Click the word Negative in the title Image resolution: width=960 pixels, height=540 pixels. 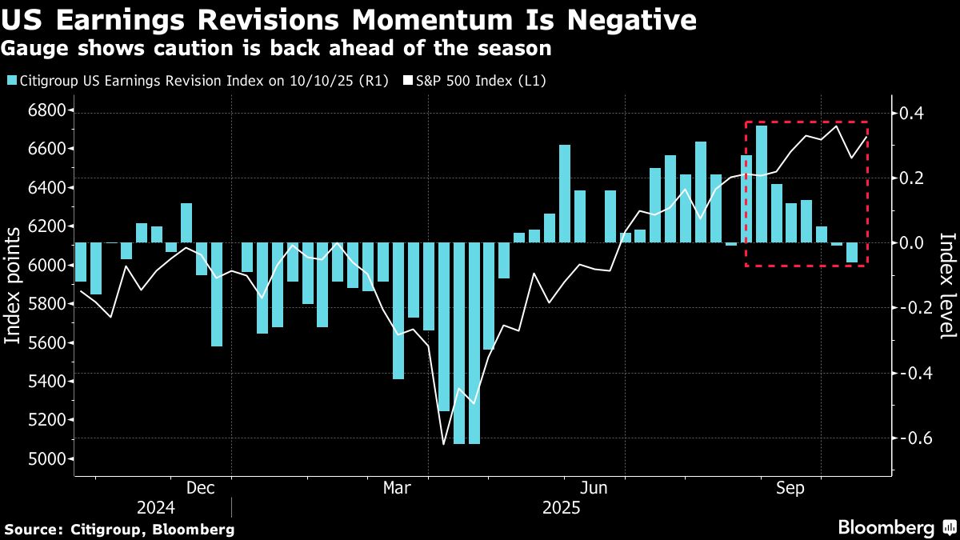click(x=632, y=20)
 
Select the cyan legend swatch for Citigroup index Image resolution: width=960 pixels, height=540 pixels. click(x=13, y=81)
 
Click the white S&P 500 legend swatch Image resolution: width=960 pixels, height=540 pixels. click(x=408, y=81)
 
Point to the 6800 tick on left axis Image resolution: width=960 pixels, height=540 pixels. click(x=46, y=110)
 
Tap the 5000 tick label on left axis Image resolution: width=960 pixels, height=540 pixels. click(x=46, y=459)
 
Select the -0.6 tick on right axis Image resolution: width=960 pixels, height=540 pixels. click(x=913, y=438)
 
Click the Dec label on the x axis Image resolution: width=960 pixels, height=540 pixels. click(x=201, y=488)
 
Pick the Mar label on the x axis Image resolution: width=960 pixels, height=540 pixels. click(x=397, y=488)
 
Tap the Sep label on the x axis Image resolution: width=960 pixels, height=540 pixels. click(x=790, y=488)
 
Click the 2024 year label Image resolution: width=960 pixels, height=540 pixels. click(x=156, y=508)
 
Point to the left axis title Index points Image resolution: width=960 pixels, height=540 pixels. click(x=12, y=286)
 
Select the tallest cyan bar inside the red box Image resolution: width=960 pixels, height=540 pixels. click(x=762, y=184)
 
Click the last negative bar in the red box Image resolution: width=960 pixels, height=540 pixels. click(x=852, y=253)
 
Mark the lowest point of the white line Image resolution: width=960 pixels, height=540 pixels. click(x=443, y=445)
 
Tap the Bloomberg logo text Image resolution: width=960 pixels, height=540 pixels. click(x=886, y=527)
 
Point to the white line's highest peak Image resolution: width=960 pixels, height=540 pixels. click(x=837, y=126)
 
